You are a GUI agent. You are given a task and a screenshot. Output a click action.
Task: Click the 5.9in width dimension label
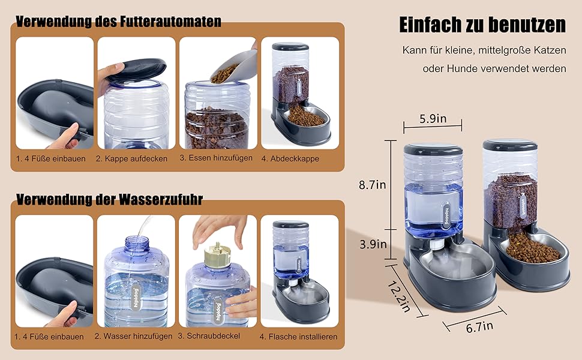click(x=433, y=119)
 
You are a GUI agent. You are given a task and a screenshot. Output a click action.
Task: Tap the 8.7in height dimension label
click(x=372, y=184)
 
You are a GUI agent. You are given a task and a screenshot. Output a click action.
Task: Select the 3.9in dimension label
click(x=373, y=244)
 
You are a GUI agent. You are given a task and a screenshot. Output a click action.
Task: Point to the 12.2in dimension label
click(x=398, y=296)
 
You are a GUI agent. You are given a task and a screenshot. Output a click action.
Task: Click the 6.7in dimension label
click(x=479, y=326)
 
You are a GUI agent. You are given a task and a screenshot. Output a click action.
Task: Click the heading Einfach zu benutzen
click(x=482, y=25)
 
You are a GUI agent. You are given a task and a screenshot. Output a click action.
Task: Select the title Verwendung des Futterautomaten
click(x=118, y=21)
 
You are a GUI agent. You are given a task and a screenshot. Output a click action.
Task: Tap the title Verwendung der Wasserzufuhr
click(x=109, y=199)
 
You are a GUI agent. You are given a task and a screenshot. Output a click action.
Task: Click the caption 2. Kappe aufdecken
click(x=131, y=158)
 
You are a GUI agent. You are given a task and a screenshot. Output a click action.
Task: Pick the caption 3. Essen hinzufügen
click(x=216, y=158)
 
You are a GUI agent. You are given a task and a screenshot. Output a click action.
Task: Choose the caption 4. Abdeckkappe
click(x=290, y=158)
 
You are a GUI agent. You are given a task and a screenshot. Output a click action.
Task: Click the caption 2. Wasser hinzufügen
click(x=133, y=336)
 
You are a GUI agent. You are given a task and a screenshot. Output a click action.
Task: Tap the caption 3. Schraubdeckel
click(x=209, y=336)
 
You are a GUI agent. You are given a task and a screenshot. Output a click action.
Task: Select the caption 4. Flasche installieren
click(x=298, y=337)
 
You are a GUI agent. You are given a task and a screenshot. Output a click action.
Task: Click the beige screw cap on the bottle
click(x=217, y=255)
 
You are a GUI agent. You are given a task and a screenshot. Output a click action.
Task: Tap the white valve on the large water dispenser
click(x=439, y=245)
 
